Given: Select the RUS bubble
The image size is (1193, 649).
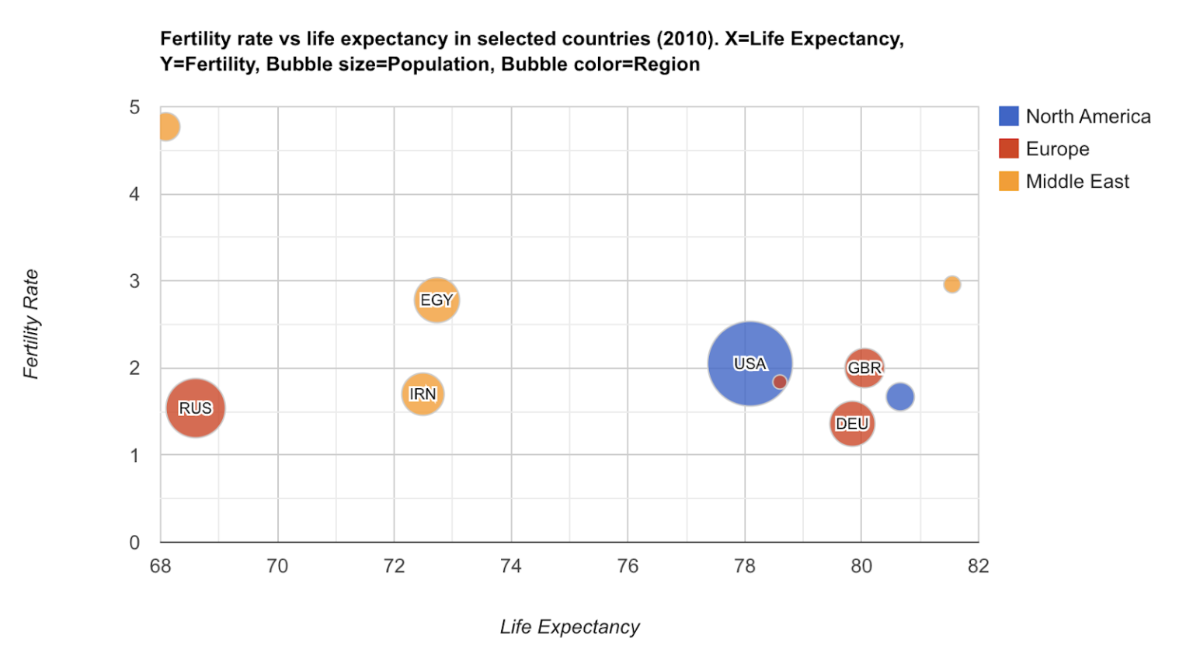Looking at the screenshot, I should point(196,408).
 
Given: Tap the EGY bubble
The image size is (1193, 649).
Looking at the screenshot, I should point(437,300).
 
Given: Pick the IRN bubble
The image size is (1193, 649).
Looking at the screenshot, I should point(423,394).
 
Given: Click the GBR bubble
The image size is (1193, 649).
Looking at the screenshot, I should point(864,367).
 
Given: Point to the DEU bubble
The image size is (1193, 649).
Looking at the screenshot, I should point(852,424).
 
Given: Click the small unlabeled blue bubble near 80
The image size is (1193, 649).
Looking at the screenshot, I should point(900,397).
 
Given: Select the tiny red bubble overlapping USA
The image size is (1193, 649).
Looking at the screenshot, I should point(780,382).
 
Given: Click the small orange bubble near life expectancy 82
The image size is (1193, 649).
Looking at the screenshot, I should point(952,284).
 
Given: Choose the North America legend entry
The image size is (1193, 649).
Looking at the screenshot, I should point(1087,116).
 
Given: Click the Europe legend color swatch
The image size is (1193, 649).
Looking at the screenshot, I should point(1008,148).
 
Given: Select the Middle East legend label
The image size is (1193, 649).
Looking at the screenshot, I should point(1077,182).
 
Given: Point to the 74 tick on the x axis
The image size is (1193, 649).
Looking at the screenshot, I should point(510,566).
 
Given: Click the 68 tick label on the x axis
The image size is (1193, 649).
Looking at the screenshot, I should point(160,566).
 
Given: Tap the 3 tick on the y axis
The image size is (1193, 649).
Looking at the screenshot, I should point(134,281).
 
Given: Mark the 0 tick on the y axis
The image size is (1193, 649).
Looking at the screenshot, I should point(134,542).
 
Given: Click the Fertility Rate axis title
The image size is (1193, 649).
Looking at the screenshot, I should point(31,324).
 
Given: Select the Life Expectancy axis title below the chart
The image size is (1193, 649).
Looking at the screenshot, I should point(569,626).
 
